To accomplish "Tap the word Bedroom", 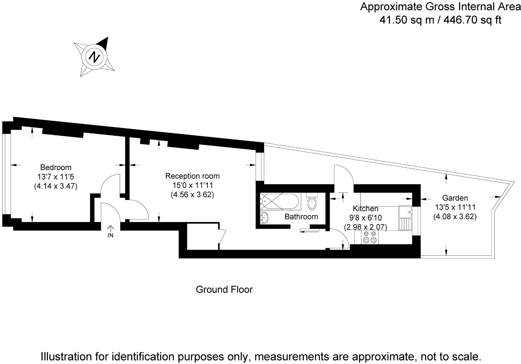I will pyautogui.click(x=56, y=167).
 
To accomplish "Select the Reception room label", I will pyautogui.click(x=192, y=176).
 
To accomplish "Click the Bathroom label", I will pyautogui.click(x=301, y=217).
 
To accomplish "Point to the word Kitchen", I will pyautogui.click(x=365, y=209).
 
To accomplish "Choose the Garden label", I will pyautogui.click(x=455, y=198).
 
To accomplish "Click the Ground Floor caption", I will pyautogui.click(x=224, y=290).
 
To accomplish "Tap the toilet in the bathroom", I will pyautogui.click(x=312, y=202).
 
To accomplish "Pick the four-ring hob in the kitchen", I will pyautogui.click(x=369, y=237).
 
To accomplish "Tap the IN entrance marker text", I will pyautogui.click(x=110, y=235).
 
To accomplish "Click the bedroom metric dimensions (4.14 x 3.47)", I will pyautogui.click(x=56, y=186).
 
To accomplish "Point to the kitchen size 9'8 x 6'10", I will pyautogui.click(x=365, y=218).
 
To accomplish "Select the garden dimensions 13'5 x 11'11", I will pyautogui.click(x=455, y=207).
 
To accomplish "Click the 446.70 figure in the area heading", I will pyautogui.click(x=460, y=20).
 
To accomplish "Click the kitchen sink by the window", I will pyautogui.click(x=405, y=212).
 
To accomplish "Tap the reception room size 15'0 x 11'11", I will pyautogui.click(x=192, y=185).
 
